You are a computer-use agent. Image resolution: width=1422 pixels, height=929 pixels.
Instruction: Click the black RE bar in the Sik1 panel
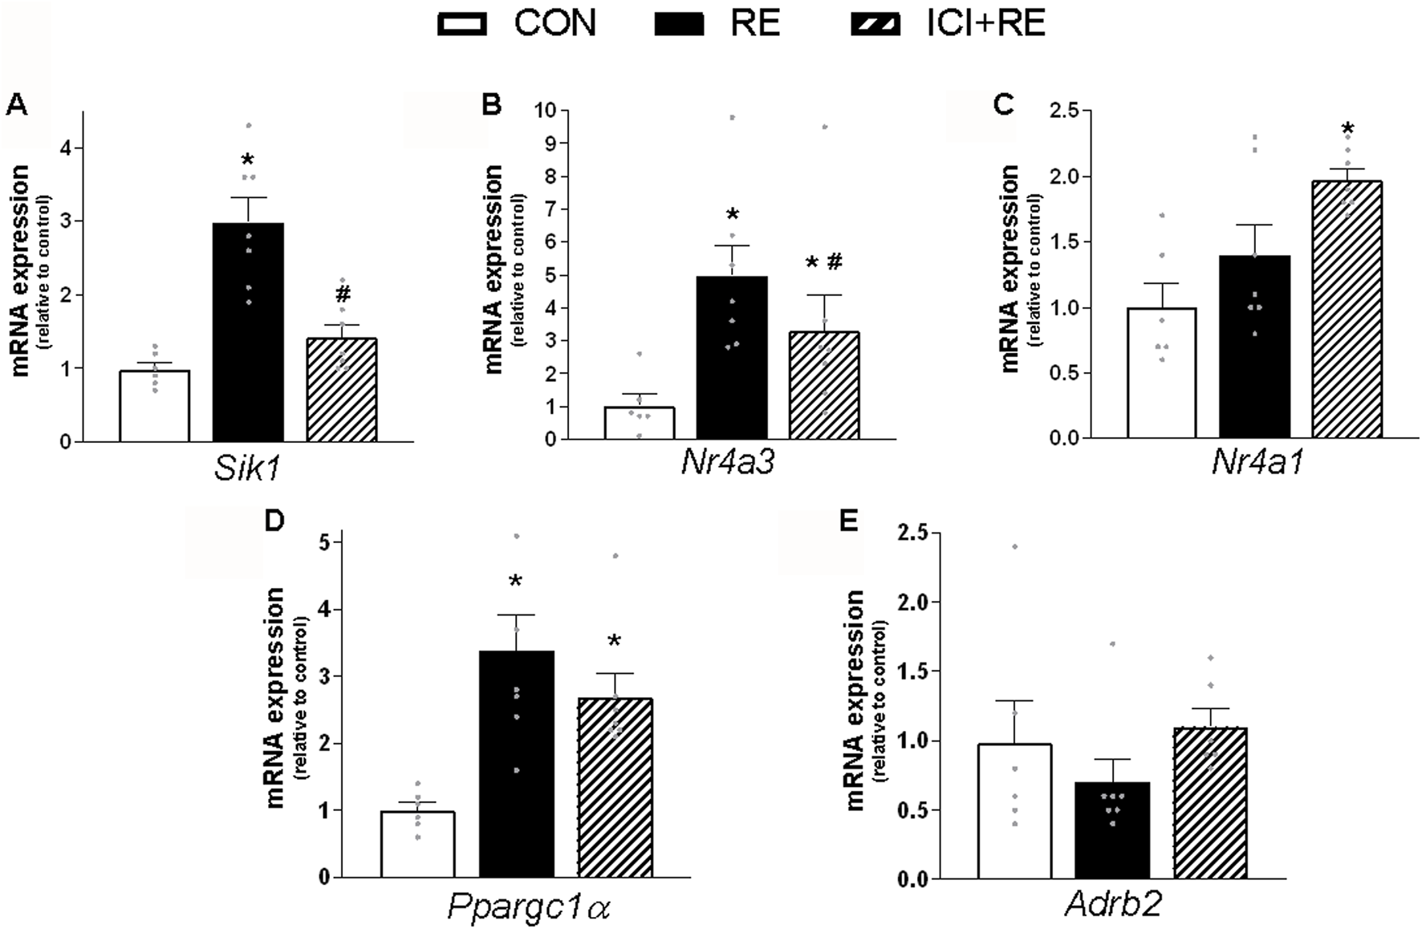[248, 333]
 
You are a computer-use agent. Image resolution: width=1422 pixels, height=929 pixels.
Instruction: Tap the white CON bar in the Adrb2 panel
[1014, 810]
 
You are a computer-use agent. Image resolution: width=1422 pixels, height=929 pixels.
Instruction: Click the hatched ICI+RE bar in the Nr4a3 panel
[824, 386]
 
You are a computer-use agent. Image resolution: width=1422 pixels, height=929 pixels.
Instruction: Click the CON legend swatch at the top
[461, 24]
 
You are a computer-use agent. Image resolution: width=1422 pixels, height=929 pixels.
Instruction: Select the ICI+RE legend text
[985, 23]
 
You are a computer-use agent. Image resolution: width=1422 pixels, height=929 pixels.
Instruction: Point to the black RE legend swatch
[679, 24]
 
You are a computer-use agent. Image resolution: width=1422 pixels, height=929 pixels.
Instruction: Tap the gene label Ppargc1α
[529, 907]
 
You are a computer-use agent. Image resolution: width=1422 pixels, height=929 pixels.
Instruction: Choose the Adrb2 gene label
[1113, 905]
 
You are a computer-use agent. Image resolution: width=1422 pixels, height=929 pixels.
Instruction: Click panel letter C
[1003, 104]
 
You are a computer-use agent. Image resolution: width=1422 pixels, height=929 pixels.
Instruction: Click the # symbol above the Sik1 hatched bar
[343, 294]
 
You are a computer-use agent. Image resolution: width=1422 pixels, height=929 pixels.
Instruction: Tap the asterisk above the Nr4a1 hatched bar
[1347, 128]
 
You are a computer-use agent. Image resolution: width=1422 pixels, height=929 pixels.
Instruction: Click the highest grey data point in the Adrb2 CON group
[1014, 546]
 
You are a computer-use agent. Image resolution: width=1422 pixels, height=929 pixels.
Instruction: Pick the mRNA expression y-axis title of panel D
[275, 696]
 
